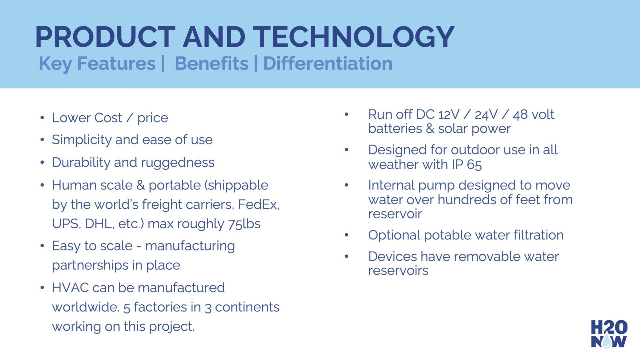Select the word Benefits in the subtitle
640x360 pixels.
[212, 63]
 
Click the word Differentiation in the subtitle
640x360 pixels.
[328, 63]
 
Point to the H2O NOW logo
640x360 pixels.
[609, 334]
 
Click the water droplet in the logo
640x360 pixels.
[607, 341]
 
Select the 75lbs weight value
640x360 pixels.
[244, 224]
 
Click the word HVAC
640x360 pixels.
[70, 288]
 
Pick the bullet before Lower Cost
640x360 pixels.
[42, 118]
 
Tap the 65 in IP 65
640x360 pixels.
[474, 165]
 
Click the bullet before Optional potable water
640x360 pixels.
[347, 235]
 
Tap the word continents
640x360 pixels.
[247, 307]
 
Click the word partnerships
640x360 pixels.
[90, 265]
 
